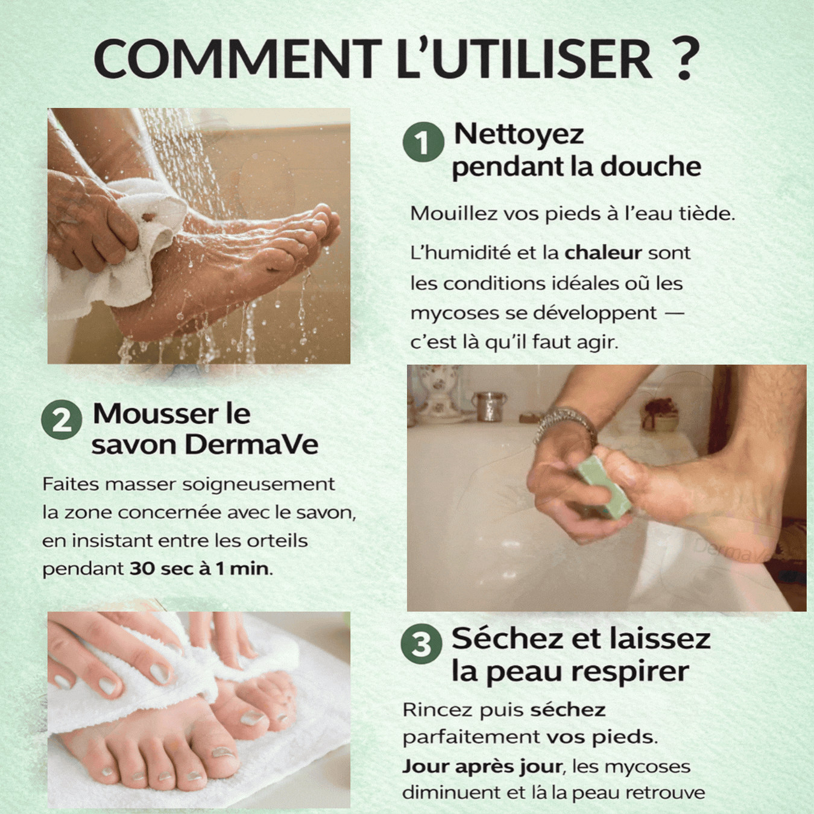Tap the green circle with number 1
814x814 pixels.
[x=423, y=142]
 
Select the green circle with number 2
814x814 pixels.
[x=62, y=420]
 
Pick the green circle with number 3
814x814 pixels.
[x=421, y=644]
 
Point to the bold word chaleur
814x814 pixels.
[x=602, y=253]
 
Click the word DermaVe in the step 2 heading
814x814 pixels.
[x=251, y=445]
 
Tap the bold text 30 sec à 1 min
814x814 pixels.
[x=200, y=569]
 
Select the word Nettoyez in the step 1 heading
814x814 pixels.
[x=519, y=134]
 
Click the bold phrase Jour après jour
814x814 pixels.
[x=482, y=766]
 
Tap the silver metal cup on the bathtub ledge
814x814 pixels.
[x=489, y=406]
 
